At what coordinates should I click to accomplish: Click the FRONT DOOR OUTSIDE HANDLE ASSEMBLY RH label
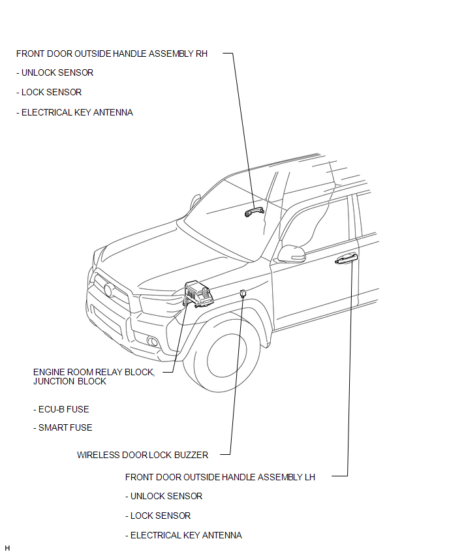112,54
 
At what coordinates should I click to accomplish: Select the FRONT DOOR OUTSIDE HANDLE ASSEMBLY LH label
220,477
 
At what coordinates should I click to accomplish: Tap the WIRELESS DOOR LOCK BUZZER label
142,455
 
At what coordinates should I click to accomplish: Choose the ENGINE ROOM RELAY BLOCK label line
94,372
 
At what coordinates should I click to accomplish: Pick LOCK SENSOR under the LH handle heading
161,516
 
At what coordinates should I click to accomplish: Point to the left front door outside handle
347,259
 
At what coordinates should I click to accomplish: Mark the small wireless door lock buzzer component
243,293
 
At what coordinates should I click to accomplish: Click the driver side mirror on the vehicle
290,253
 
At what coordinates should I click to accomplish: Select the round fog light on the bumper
153,341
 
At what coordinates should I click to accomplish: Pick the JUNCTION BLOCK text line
70,381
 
